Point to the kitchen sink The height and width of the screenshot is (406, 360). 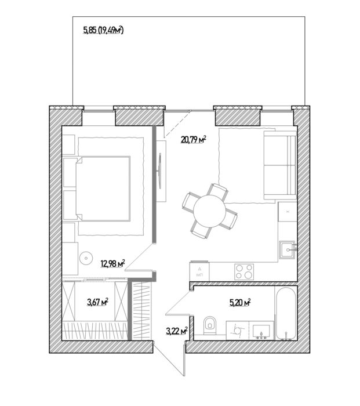point(287,250)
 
